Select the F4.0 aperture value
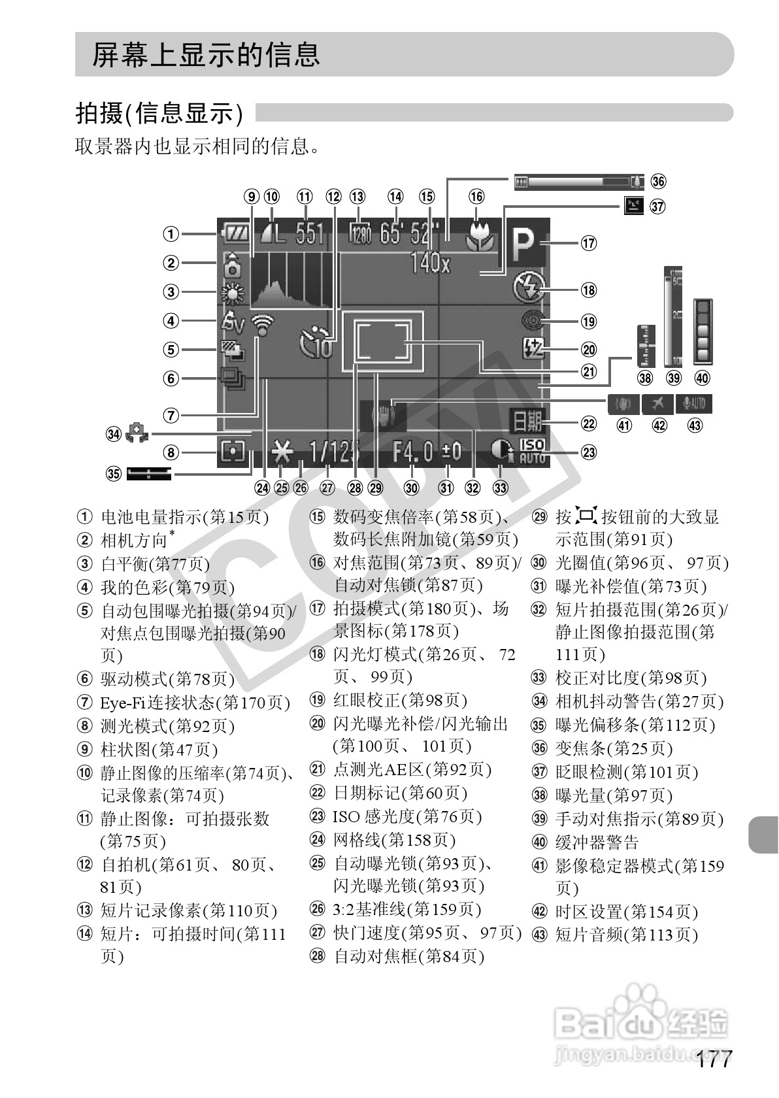coord(413,452)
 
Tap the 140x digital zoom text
coord(430,263)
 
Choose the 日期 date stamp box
coord(527,422)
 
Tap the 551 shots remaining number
coord(310,233)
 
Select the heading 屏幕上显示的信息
coord(206,55)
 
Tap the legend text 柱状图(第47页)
coord(159,749)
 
